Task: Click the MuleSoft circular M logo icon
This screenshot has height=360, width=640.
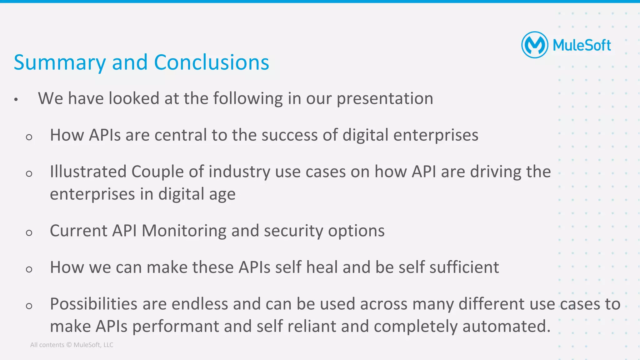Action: pos(535,45)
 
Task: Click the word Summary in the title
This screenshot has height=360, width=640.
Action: pos(60,63)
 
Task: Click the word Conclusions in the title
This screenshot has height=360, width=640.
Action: pos(212,62)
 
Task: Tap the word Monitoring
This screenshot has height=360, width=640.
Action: pos(184,231)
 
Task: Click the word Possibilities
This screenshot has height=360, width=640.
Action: pos(93,304)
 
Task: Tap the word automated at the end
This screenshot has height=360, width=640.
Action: pos(506,327)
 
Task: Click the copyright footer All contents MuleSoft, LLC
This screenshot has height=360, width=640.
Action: pos(72,345)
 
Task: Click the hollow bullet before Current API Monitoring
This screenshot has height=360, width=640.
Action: pos(29,233)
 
